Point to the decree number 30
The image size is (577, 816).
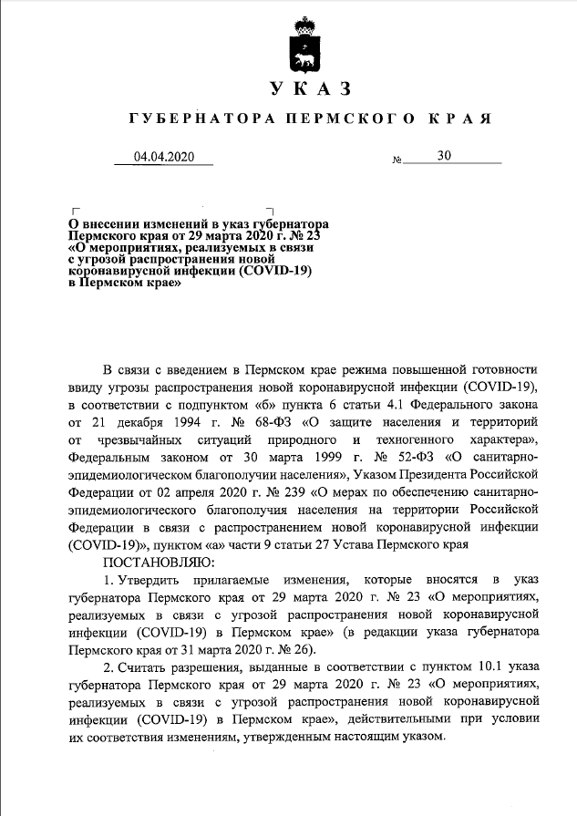click(444, 156)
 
